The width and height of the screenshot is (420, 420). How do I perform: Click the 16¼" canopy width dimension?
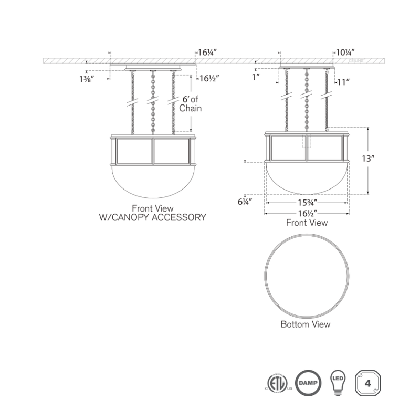pyautogui.click(x=207, y=52)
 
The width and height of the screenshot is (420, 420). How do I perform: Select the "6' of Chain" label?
pyautogui.click(x=190, y=104)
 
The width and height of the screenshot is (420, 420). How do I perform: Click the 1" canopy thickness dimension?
pyautogui.click(x=256, y=77)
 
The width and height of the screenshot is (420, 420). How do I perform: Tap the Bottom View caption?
pyautogui.click(x=306, y=324)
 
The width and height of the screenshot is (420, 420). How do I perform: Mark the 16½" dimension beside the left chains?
pyautogui.click(x=207, y=79)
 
